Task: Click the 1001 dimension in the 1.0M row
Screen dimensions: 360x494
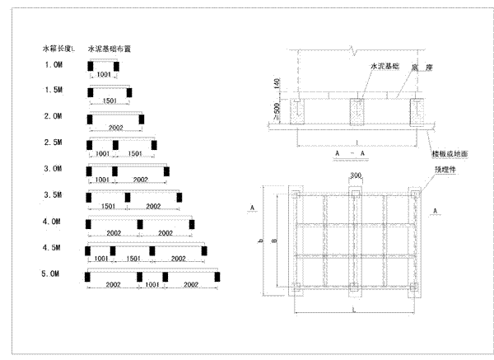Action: (104, 75)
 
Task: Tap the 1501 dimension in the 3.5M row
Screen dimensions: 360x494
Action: (108, 205)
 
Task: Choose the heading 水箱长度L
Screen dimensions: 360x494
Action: (59, 49)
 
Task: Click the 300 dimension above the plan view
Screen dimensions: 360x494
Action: (355, 175)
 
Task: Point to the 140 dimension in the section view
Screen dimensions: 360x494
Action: (277, 84)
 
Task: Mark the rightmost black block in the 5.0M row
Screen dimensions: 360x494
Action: (217, 276)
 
